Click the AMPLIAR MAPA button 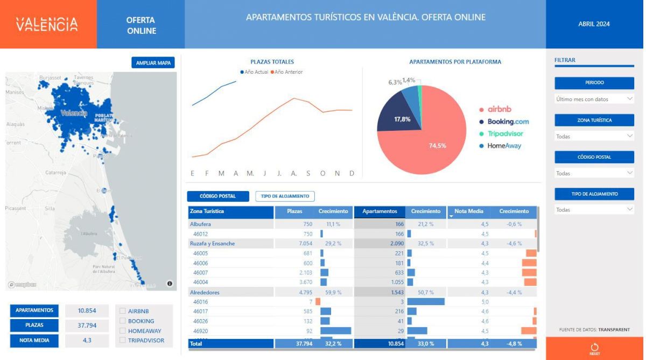(x=153, y=63)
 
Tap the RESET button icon (x=594, y=348)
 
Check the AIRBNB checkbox (x=123, y=311)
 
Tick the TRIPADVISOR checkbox (x=123, y=340)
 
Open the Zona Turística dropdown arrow (x=630, y=136)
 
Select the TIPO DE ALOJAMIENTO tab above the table (x=285, y=196)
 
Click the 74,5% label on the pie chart (x=437, y=145)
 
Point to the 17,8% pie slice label (x=402, y=119)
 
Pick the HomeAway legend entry (x=504, y=146)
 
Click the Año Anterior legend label (x=289, y=72)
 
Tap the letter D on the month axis (x=352, y=173)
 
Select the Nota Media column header (x=468, y=211)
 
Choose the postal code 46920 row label (x=201, y=331)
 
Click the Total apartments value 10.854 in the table (x=388, y=343)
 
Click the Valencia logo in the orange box (x=47, y=24)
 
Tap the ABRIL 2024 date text (x=594, y=24)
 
